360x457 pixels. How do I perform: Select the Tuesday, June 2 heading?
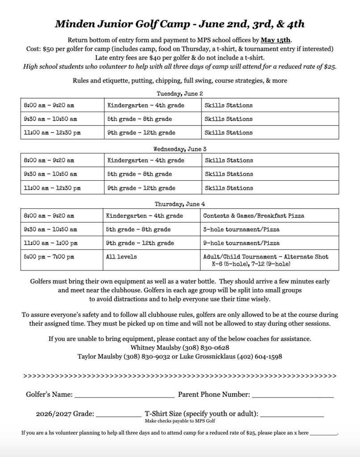180,93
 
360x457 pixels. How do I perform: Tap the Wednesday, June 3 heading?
180,149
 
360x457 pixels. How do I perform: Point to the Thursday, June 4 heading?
180,204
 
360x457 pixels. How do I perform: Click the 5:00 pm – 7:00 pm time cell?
49,257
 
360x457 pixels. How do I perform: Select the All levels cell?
121,257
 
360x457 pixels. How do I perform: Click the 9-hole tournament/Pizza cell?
241,243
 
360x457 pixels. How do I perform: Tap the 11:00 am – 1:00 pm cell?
50,243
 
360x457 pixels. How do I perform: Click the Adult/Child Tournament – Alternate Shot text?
266,257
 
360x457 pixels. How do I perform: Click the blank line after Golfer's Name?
124,395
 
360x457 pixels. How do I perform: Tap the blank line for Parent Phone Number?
293,395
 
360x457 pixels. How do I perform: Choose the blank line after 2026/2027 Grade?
118,415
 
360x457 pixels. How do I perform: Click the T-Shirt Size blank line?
292,415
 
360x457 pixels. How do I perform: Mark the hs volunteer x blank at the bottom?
323,433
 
